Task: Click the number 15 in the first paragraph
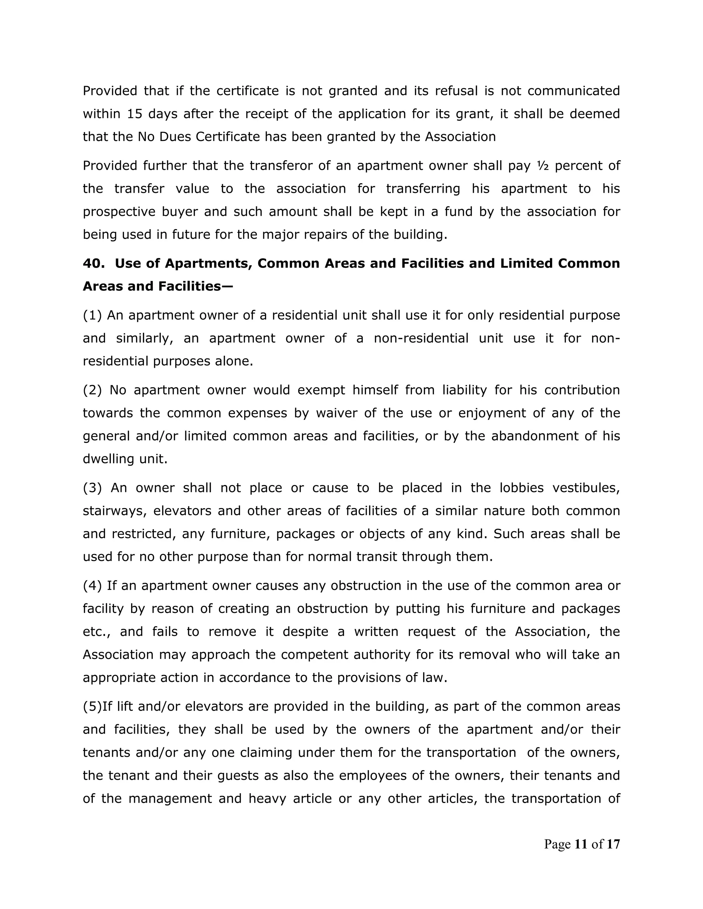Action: [x=135, y=114]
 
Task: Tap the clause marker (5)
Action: [x=92, y=706]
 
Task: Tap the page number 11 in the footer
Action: [x=580, y=844]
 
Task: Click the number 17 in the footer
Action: [x=613, y=844]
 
